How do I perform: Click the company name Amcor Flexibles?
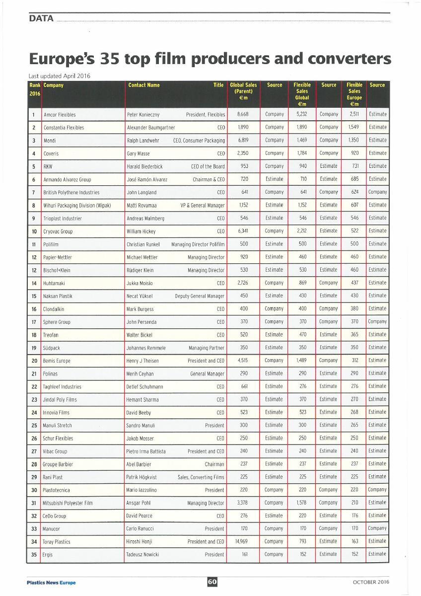tap(60, 115)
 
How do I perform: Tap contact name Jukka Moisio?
tap(140, 283)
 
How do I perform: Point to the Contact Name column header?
tap(144, 85)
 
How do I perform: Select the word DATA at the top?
tap(41, 19)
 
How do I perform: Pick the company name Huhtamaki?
tap(57, 283)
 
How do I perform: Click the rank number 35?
tap(34, 554)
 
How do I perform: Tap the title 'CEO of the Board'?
tap(208, 166)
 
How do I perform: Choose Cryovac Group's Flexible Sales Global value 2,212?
tap(302, 231)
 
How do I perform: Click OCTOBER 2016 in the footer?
tap(371, 582)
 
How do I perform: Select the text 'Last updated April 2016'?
tap(60, 75)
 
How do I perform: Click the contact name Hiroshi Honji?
tap(141, 542)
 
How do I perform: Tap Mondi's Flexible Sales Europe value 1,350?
tap(354, 141)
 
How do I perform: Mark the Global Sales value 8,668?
tap(243, 115)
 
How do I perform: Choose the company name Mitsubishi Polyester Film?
tap(68, 503)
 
